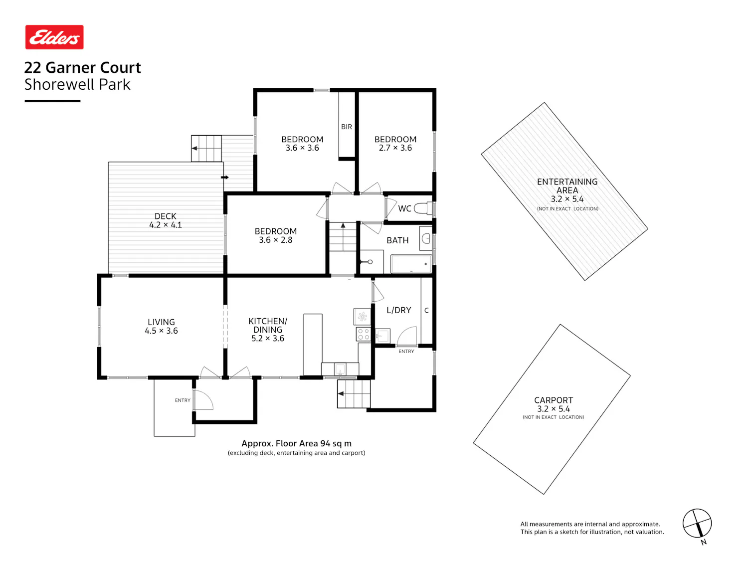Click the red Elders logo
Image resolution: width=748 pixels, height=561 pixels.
tap(54, 37)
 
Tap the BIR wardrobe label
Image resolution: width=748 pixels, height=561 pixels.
tap(346, 127)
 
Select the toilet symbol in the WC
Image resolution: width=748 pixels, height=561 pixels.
tap(423, 208)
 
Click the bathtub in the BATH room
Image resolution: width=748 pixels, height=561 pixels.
tap(411, 263)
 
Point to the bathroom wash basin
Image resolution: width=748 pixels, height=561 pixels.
tap(426, 238)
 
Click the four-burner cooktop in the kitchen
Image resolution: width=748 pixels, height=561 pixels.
tap(363, 334)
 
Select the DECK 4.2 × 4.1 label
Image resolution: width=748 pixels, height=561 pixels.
tap(165, 220)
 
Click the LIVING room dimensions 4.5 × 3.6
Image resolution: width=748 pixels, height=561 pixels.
tap(161, 331)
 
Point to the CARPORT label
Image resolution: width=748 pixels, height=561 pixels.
tap(554, 400)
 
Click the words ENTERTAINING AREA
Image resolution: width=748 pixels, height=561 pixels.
tap(567, 186)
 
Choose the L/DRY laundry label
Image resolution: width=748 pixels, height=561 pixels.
tap(399, 310)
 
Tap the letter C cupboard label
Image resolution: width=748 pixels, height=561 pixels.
tap(426, 310)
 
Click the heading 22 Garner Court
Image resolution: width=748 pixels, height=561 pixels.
tap(82, 67)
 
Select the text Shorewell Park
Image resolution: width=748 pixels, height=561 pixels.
tap(77, 84)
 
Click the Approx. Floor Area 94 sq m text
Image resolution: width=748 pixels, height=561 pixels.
tap(297, 443)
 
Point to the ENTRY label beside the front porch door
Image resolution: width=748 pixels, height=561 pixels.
tap(183, 400)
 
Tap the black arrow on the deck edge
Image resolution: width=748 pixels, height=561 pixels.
tap(224, 177)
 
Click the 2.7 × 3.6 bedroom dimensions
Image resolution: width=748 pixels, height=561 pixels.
tap(395, 148)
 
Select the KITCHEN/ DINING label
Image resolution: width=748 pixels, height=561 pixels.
tap(268, 325)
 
